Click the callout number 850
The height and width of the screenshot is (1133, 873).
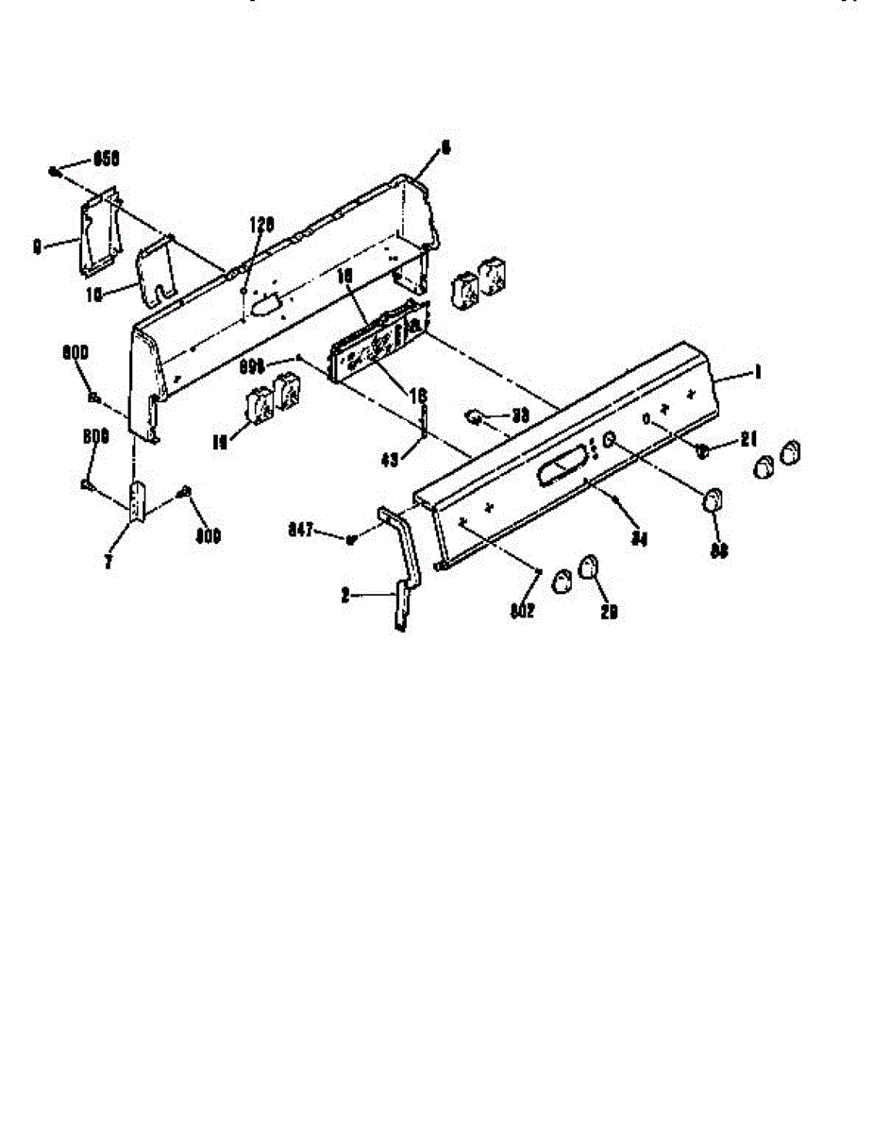tap(107, 159)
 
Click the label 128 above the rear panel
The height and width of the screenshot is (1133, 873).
tap(260, 224)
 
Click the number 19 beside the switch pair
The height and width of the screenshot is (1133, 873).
tap(221, 440)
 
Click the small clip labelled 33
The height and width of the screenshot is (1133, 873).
tap(476, 415)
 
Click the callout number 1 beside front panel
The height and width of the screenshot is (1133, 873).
tap(755, 373)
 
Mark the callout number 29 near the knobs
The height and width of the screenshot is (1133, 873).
tap(610, 612)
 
